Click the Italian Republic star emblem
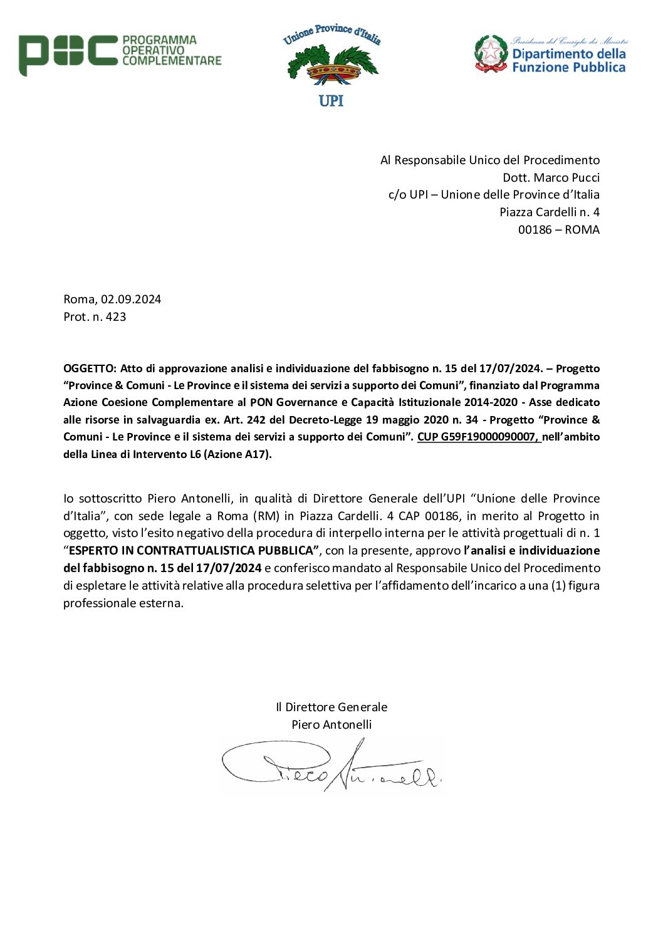click(491, 53)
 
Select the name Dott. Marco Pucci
click(551, 177)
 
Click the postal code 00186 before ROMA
click(535, 229)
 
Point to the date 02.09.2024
click(131, 299)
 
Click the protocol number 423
click(116, 316)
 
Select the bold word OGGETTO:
click(90, 368)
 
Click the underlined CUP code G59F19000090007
click(477, 437)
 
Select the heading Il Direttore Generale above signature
click(331, 707)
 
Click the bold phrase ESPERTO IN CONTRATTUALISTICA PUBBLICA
click(191, 551)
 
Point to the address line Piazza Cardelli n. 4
click(549, 212)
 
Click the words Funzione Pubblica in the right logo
click(568, 68)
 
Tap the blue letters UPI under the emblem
click(331, 101)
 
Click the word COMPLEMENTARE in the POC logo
click(172, 61)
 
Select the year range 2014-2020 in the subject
click(491, 402)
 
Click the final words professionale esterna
click(123, 603)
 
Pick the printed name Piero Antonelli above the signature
click(331, 724)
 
